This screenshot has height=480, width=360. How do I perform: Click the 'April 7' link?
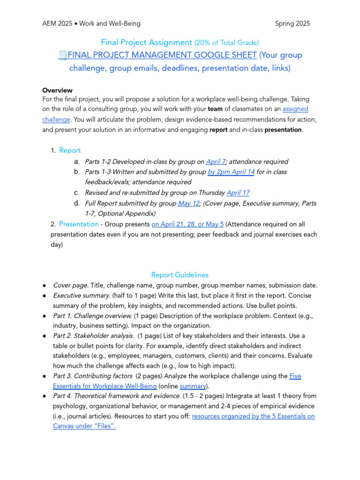(x=216, y=161)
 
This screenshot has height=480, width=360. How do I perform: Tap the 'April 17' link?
(x=238, y=193)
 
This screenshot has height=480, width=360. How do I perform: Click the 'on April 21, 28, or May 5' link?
(x=187, y=224)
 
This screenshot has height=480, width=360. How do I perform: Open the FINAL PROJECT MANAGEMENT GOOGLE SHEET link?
(x=162, y=55)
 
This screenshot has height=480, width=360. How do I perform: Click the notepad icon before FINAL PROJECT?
(x=62, y=55)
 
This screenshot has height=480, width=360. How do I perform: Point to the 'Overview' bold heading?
(x=57, y=90)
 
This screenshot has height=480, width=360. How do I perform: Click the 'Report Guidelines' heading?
(x=180, y=275)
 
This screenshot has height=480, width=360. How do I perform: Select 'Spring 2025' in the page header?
(x=292, y=23)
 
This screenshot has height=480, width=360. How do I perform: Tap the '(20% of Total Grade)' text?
(x=227, y=43)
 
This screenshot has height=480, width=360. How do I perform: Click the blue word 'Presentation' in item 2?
(x=79, y=224)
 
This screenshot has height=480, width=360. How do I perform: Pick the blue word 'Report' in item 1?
(x=70, y=150)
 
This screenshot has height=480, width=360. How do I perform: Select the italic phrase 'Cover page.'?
(x=71, y=285)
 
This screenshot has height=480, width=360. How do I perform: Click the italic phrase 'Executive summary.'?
(x=82, y=296)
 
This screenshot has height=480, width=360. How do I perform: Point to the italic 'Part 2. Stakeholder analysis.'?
(x=94, y=336)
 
